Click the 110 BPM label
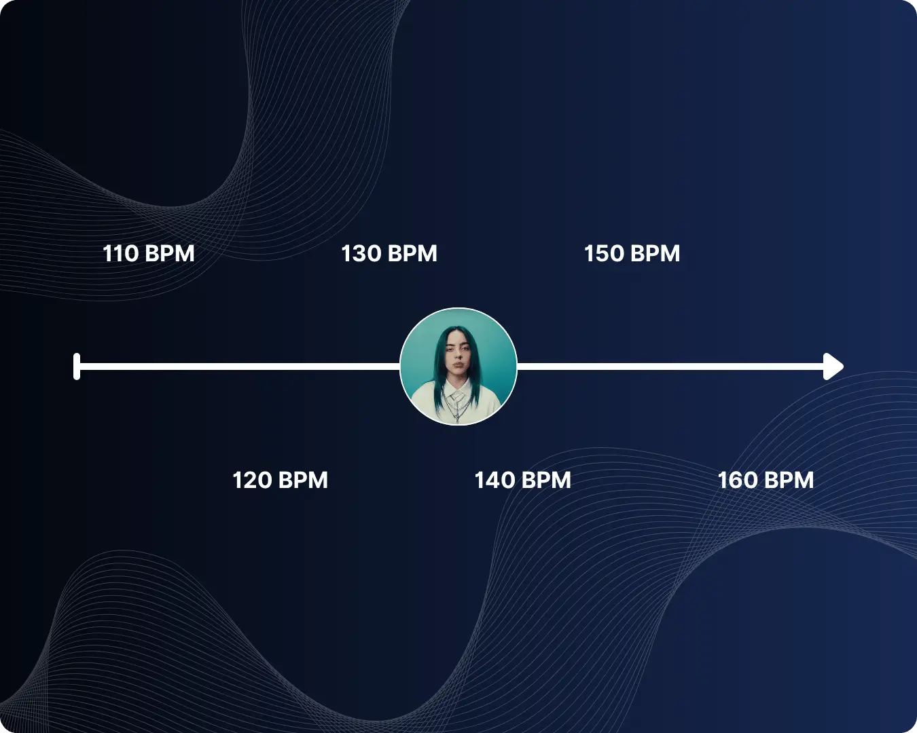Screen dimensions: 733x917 point(148,254)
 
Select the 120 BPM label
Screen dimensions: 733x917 point(280,481)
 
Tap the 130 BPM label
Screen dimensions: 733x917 point(389,254)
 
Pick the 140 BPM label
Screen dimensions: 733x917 point(522,481)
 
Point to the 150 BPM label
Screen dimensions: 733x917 point(632,254)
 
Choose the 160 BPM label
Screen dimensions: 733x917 point(766,481)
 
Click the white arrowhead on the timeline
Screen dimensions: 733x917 point(833,366)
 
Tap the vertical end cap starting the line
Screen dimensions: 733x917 point(77,366)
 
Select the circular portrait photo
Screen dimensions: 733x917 point(458,366)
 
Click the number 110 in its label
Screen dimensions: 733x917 point(120,254)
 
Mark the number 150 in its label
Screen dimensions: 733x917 point(604,254)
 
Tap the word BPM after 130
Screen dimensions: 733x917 point(412,254)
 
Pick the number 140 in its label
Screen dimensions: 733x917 point(495,481)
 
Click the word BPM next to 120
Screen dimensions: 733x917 point(303,481)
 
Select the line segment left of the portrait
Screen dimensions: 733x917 point(238,366)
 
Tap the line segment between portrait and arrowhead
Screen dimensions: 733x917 point(669,366)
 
